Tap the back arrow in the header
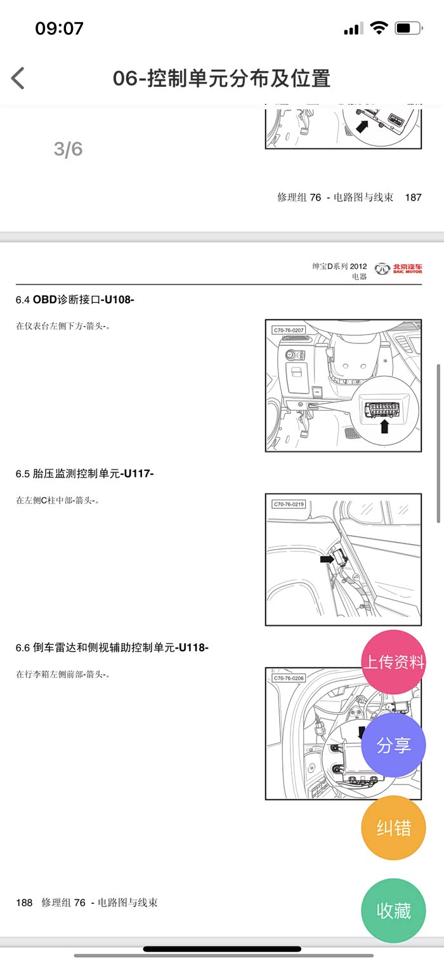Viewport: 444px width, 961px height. [18, 78]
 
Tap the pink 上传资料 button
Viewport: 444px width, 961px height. [393, 662]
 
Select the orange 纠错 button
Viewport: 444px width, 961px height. [393, 828]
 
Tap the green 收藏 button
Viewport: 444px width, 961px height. [393, 910]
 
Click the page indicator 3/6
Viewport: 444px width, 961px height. [68, 149]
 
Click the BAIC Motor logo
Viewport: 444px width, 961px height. [398, 269]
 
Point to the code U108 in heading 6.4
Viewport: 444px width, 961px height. [117, 300]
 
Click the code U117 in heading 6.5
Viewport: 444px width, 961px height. [137, 474]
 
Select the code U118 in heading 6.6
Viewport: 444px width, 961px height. [192, 647]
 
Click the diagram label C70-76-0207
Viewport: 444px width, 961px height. [289, 330]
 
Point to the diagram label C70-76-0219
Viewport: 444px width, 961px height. [289, 504]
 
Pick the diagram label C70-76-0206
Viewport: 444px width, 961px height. [289, 679]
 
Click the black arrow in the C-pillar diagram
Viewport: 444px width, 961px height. [327, 559]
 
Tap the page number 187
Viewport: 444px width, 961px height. [413, 197]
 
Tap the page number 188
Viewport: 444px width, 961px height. [24, 903]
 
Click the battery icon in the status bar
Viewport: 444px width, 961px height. [409, 29]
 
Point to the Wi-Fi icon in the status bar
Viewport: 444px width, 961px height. [379, 29]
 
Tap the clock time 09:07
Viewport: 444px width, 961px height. [59, 29]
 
